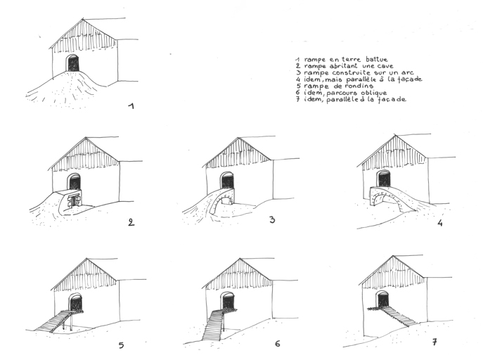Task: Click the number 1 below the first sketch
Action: click(131, 106)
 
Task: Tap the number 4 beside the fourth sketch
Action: click(440, 223)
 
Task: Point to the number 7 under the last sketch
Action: click(434, 342)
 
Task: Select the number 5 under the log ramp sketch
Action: click(122, 345)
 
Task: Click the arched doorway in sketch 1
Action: click(73, 63)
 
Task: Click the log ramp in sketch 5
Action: click(54, 321)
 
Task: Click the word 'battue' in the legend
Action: click(377, 59)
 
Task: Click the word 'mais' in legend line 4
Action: click(334, 79)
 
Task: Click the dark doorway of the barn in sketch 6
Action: click(228, 302)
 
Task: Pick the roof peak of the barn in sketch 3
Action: click(238, 138)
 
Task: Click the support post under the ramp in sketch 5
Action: click(72, 321)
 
